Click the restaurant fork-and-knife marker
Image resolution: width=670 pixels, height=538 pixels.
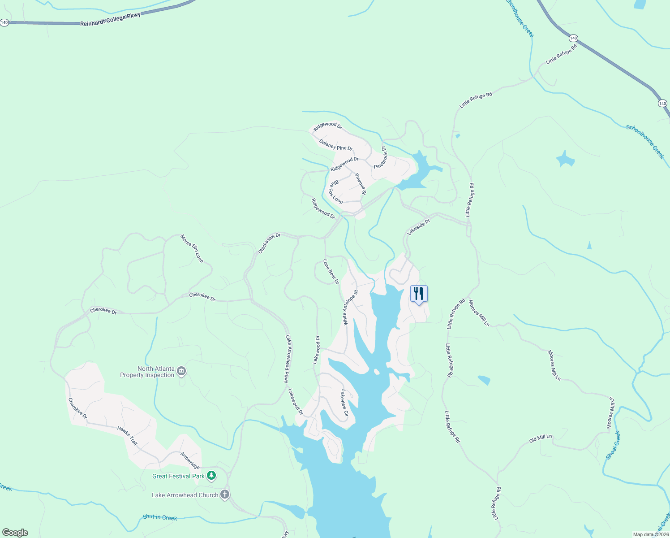(x=419, y=294)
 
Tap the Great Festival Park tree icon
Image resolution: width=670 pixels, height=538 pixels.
(x=211, y=476)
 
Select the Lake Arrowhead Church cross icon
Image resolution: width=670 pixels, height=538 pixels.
(x=225, y=495)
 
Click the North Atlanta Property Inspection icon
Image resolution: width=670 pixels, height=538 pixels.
(x=181, y=371)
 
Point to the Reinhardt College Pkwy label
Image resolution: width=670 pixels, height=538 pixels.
(x=110, y=19)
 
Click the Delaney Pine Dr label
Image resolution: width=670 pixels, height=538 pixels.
(x=335, y=145)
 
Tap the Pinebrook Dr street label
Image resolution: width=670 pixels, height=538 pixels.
(x=380, y=156)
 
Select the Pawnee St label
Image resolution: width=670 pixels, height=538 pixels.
(x=361, y=184)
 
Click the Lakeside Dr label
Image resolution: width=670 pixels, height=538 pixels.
(x=418, y=227)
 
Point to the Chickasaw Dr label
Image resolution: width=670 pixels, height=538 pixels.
(x=269, y=243)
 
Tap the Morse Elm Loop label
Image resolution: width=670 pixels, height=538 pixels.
(x=192, y=248)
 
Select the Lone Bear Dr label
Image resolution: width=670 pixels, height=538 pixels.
(x=331, y=272)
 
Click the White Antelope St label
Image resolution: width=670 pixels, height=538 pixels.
(x=350, y=308)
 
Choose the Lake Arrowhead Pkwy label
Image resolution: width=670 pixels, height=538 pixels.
(x=287, y=359)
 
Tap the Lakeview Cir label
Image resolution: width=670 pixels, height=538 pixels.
(x=344, y=403)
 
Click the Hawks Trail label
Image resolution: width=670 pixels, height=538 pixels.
(x=127, y=435)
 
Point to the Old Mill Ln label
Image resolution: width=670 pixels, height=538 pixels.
(x=541, y=438)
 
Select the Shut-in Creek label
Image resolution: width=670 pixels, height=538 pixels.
(x=160, y=517)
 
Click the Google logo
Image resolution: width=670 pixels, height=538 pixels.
(x=15, y=533)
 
